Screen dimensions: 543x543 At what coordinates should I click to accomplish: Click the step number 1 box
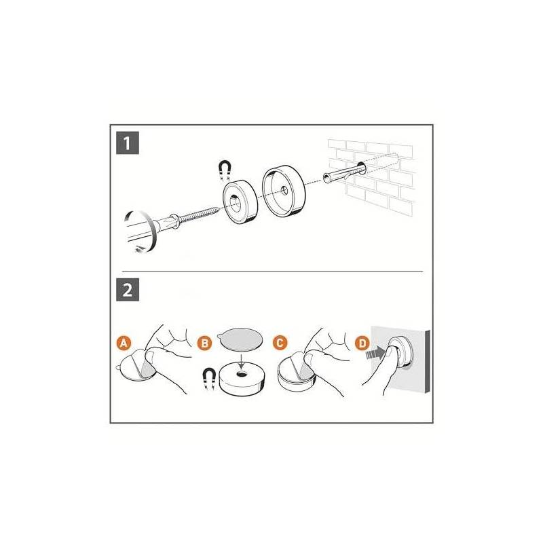tap(128, 143)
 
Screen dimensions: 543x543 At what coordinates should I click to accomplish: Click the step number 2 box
tap(128, 290)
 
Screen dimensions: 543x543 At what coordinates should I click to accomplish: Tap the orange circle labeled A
tap(124, 343)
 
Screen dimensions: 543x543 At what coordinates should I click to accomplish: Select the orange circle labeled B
tap(205, 343)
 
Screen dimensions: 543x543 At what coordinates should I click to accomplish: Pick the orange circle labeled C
tap(280, 343)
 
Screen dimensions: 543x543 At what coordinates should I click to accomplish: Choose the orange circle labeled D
tap(362, 343)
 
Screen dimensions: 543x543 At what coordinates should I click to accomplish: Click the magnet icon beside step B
tap(209, 379)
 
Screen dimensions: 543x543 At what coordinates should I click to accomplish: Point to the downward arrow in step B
tap(242, 360)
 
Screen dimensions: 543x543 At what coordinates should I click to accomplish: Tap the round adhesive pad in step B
tap(240, 339)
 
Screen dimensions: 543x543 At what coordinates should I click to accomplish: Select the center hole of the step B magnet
tap(241, 374)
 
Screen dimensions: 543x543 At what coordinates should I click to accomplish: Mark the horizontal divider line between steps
tap(273, 271)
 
